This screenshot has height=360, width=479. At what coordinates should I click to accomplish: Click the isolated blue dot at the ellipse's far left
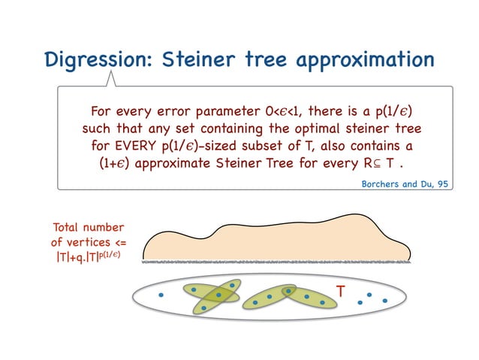160,295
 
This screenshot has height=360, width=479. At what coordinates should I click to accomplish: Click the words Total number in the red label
87,227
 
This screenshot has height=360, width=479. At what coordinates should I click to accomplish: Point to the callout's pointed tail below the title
113,79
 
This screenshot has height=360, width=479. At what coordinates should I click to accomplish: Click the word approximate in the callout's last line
185,162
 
